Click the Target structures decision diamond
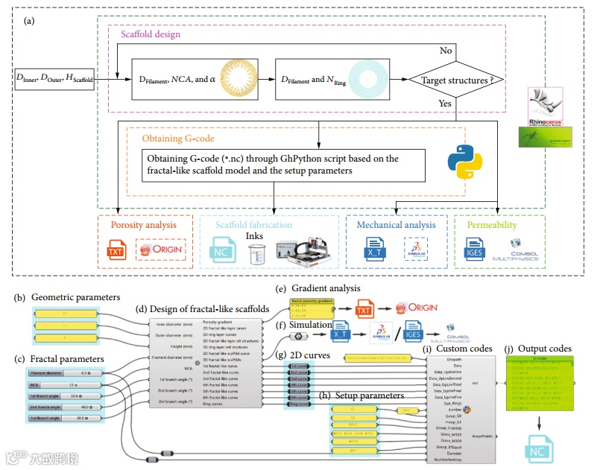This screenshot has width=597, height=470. click(x=452, y=79)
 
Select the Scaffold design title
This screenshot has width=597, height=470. click(x=145, y=34)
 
